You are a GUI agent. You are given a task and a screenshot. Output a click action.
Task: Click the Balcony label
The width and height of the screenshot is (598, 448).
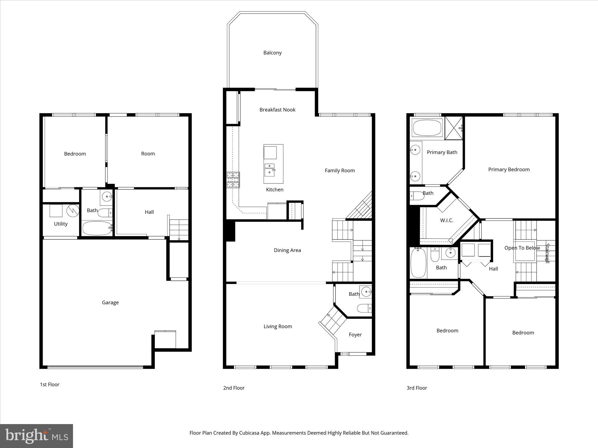pyautogui.click(x=272, y=53)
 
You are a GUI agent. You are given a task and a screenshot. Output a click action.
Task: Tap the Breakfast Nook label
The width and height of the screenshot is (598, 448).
pyautogui.click(x=277, y=110)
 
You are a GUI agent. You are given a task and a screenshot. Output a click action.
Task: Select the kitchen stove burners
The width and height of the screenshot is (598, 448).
pyautogui.click(x=233, y=180)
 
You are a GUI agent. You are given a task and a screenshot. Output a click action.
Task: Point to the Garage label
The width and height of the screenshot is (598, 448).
pyautogui.click(x=110, y=302)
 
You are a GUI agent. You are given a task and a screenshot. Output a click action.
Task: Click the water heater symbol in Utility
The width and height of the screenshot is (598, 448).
pyautogui.click(x=73, y=211)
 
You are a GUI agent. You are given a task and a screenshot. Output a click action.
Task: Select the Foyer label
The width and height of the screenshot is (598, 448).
pyautogui.click(x=355, y=335)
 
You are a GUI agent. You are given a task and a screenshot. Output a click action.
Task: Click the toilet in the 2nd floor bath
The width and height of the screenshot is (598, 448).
pyautogui.click(x=364, y=308)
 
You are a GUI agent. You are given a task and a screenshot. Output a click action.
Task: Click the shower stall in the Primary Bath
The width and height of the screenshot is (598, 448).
pyautogui.click(x=453, y=128)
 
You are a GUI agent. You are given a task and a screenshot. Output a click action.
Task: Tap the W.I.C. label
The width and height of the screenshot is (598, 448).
pyautogui.click(x=447, y=220)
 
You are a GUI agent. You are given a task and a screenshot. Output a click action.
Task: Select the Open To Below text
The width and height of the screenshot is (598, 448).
pyautogui.click(x=522, y=248)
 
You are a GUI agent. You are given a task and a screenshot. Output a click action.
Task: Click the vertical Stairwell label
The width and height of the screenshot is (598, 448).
pyautogui.click(x=547, y=253)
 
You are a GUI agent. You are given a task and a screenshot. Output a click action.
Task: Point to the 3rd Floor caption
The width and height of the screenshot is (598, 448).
pyautogui.click(x=417, y=388)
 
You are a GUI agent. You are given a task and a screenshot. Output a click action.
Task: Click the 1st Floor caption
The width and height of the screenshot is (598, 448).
pyautogui.click(x=50, y=384)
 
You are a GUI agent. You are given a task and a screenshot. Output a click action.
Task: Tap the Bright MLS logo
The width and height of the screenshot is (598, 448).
pyautogui.click(x=36, y=436)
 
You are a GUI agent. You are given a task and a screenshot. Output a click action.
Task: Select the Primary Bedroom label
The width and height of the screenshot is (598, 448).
pyautogui.click(x=509, y=169)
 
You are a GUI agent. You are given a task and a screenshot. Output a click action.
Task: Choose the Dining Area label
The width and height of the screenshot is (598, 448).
pyautogui.click(x=287, y=250)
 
